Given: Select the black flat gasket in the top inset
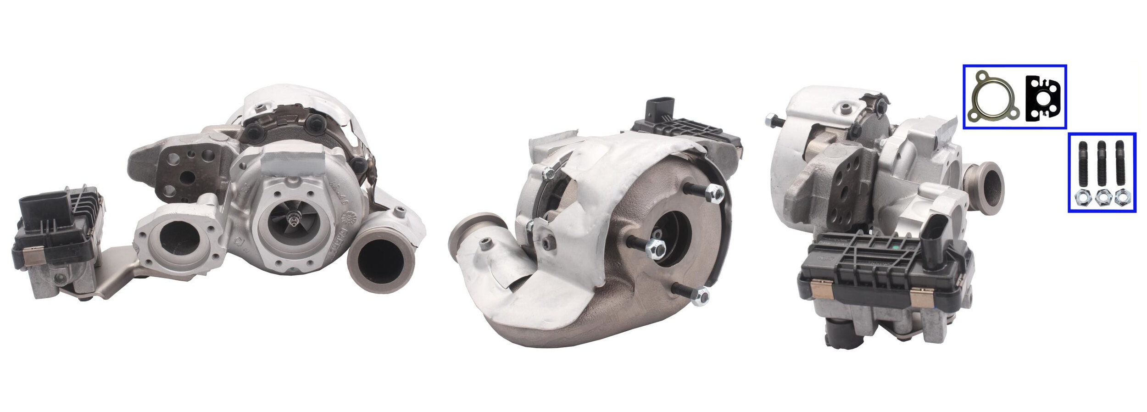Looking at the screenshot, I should coord(1042,98).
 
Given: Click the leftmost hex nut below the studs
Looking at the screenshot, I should coord(1083,198).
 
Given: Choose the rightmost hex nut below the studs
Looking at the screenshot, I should coord(1120,198).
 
